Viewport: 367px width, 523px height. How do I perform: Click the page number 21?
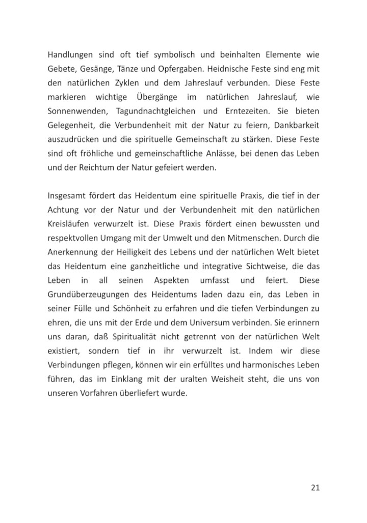[x=315, y=488]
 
